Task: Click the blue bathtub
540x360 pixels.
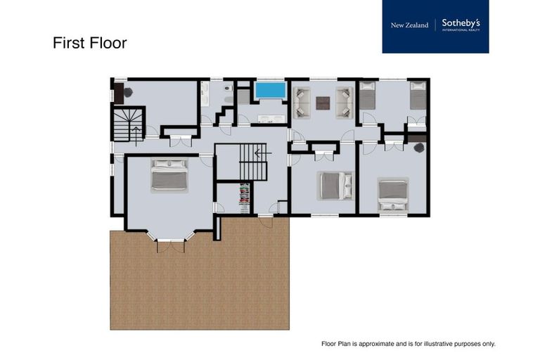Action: pos(270,90)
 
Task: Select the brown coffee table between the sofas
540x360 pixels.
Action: pos(323,103)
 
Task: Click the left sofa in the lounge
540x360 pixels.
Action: pos(302,102)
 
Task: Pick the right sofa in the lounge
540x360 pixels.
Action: pos(345,102)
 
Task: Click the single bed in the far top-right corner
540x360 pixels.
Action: pos(418,96)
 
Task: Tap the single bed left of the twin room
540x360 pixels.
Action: pos(367,96)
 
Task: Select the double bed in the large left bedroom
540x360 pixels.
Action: pos(169,176)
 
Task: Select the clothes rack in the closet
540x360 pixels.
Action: pos(244,197)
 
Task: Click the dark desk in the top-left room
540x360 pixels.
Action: pos(119,93)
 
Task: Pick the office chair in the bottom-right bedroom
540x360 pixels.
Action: pos(419,148)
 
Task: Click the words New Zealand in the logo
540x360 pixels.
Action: pos(409,25)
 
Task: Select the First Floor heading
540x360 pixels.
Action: pos(89,43)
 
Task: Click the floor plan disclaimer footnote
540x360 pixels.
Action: pos(408,344)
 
